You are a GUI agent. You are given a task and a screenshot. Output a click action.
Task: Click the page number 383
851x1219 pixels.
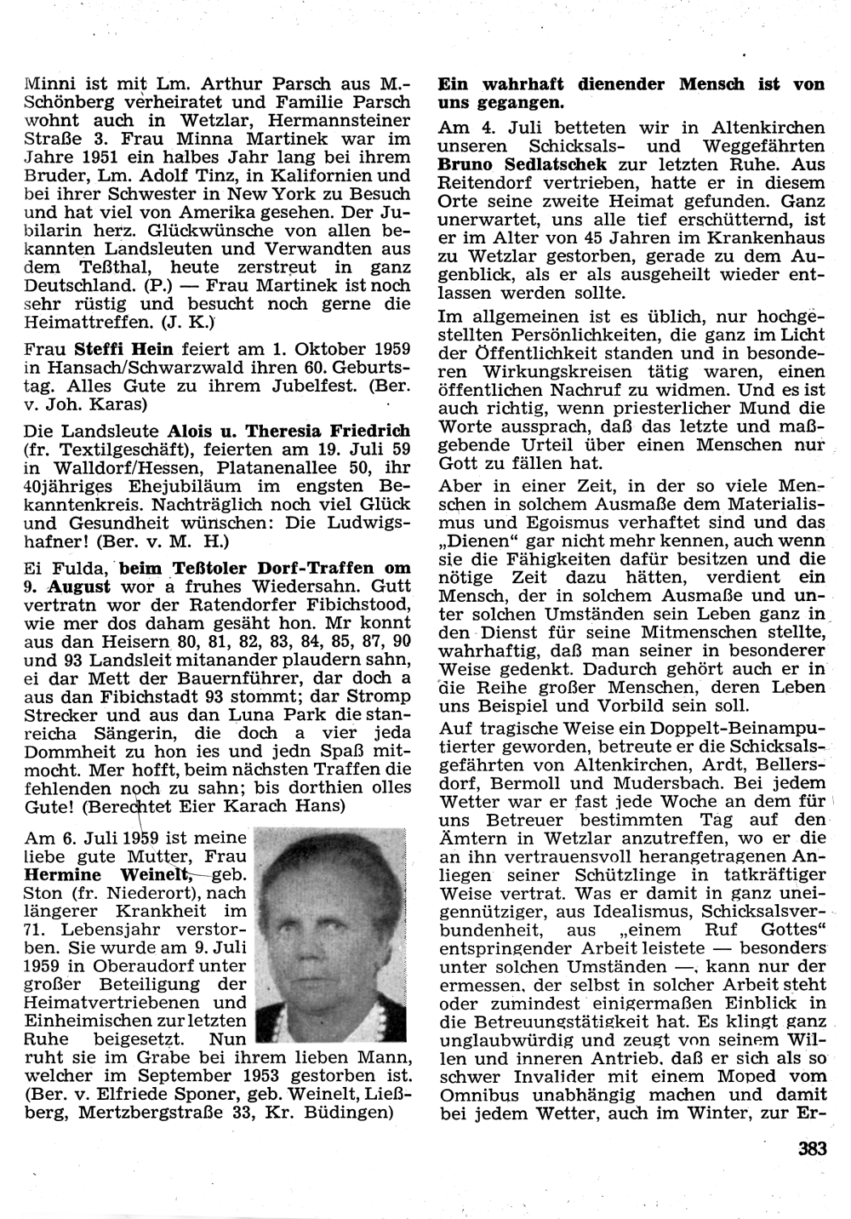(813, 1148)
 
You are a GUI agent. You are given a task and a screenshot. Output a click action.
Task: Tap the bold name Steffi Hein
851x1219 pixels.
(124, 349)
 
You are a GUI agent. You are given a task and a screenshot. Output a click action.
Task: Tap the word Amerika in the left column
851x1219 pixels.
(241, 213)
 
